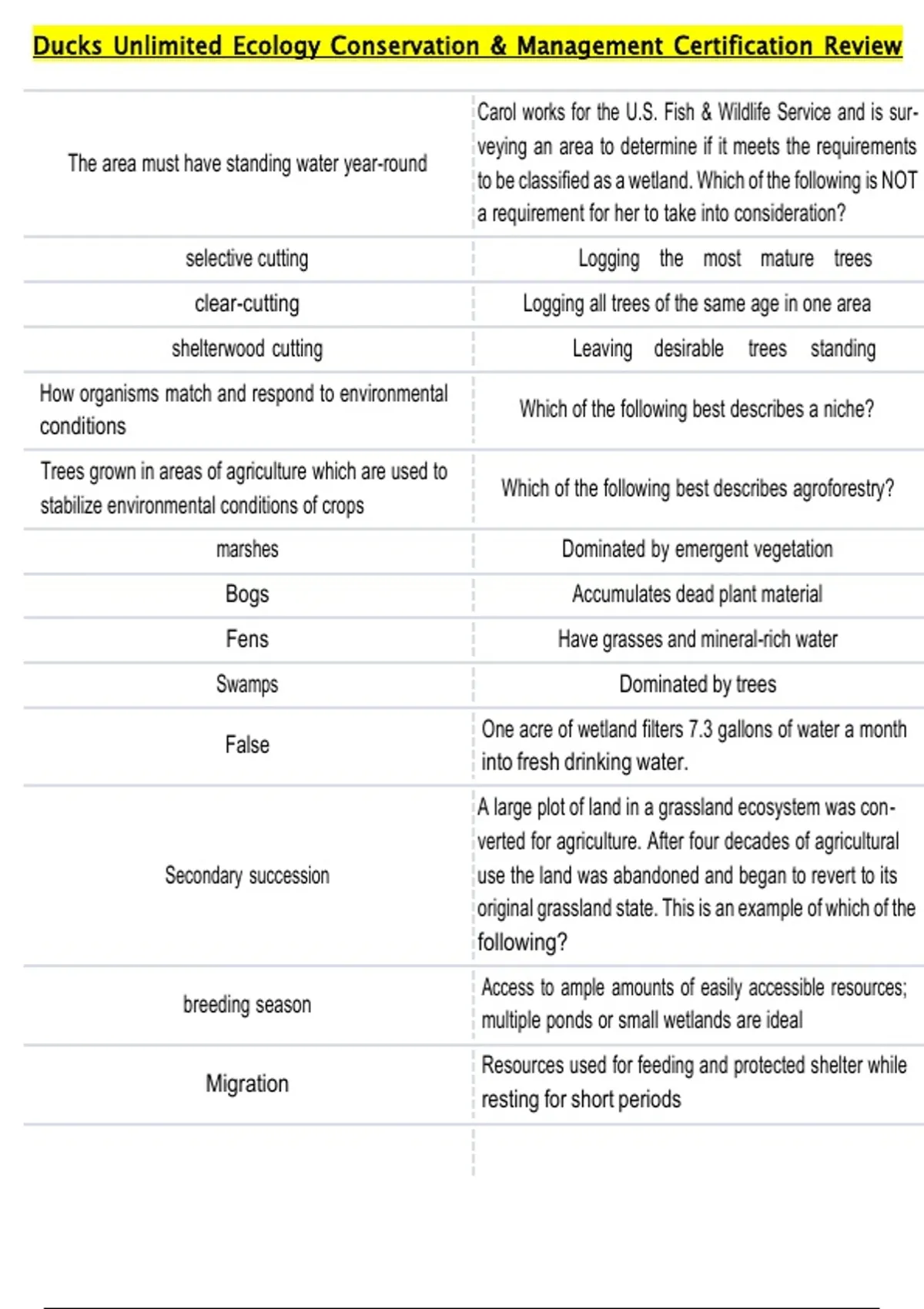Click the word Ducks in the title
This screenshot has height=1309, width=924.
click(x=67, y=46)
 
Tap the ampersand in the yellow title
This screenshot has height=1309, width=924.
click(x=498, y=46)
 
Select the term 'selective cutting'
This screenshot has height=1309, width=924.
click(x=246, y=259)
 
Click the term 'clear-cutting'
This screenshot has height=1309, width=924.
click(x=246, y=304)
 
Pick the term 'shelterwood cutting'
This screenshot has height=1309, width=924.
click(x=246, y=349)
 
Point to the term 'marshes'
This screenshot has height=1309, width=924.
click(x=246, y=550)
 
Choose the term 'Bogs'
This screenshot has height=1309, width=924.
click(x=246, y=594)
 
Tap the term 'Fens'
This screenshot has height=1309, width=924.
click(x=246, y=639)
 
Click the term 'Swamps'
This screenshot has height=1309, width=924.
click(x=246, y=684)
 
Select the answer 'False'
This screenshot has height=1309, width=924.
click(x=246, y=745)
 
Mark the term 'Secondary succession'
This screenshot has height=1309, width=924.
click(x=246, y=875)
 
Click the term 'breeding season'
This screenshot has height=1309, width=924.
click(x=246, y=1005)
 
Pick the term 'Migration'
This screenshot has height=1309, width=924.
click(x=246, y=1084)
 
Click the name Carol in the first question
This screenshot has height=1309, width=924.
click(x=497, y=113)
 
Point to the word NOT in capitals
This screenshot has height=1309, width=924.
click(x=899, y=180)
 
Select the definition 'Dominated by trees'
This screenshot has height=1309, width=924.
click(x=697, y=684)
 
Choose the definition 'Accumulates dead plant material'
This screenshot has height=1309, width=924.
click(x=697, y=594)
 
